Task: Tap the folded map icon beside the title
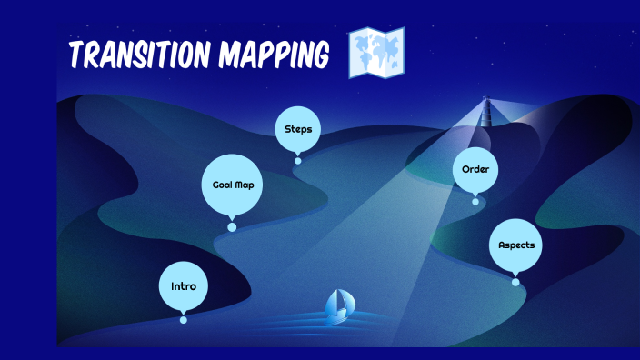(376, 52)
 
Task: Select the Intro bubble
(183, 285)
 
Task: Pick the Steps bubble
(298, 129)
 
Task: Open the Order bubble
(475, 170)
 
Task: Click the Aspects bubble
(515, 245)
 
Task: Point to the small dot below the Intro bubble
(184, 319)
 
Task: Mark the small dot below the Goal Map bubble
(232, 227)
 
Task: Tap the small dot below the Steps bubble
(298, 161)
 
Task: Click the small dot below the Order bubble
(475, 201)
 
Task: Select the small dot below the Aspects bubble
(515, 283)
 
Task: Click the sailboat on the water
(338, 305)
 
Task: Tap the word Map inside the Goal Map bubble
(244, 185)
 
